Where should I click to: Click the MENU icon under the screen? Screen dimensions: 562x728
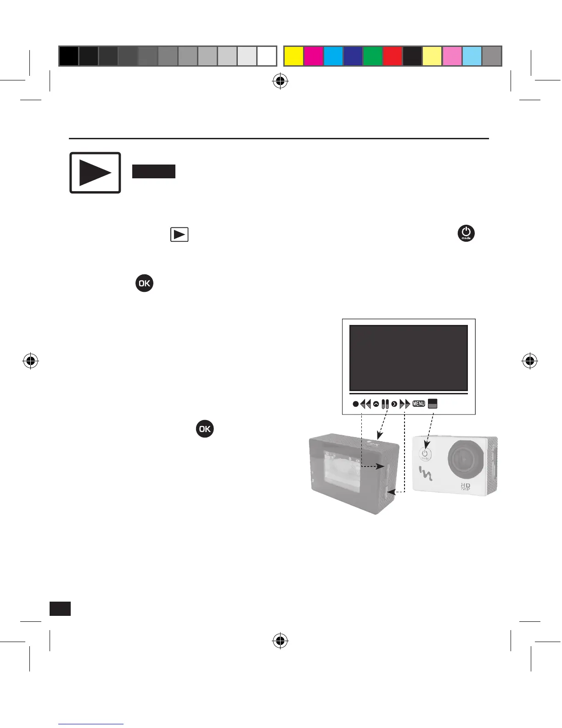point(419,404)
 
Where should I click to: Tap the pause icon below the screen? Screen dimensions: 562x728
point(385,404)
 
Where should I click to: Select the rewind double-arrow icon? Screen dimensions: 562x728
point(365,404)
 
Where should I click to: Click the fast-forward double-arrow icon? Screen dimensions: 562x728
point(405,404)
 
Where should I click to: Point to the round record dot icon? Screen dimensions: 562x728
point(355,404)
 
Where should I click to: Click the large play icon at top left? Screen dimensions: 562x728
point(95,173)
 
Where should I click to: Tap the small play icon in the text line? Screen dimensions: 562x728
point(180,235)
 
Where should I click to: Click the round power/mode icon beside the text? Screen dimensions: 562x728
point(466,233)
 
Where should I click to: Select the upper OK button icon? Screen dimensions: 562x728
point(144,283)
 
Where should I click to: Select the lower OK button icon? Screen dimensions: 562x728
point(205,429)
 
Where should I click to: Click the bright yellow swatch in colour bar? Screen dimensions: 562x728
point(294,56)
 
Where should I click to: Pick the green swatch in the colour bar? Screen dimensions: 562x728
point(372,56)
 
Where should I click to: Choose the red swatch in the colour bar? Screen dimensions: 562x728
point(392,56)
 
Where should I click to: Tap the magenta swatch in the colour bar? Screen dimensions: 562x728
point(314,56)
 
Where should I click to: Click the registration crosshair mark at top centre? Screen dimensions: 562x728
point(280,82)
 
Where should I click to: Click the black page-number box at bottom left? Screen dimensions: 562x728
point(60,608)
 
